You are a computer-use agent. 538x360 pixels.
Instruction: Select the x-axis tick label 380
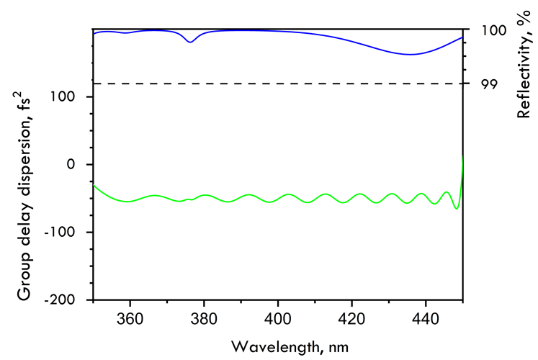[x=204, y=318]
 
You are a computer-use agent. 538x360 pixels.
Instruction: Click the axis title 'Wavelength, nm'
[x=290, y=346]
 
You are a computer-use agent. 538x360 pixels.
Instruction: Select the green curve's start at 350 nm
[x=94, y=185]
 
